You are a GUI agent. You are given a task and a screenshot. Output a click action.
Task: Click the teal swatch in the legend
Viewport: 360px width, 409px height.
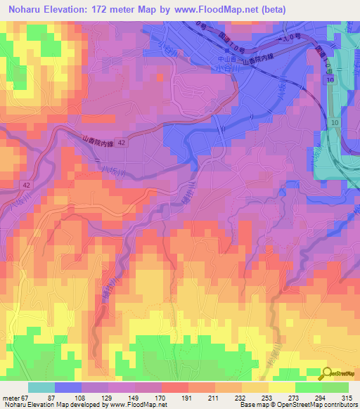pyautogui.click(x=41, y=387)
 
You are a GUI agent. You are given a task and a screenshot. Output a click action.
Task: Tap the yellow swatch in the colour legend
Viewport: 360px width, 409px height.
pyautogui.click(x=281, y=387)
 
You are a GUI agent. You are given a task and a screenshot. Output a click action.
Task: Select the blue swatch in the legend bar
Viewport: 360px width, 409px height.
pyautogui.click(x=68, y=387)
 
